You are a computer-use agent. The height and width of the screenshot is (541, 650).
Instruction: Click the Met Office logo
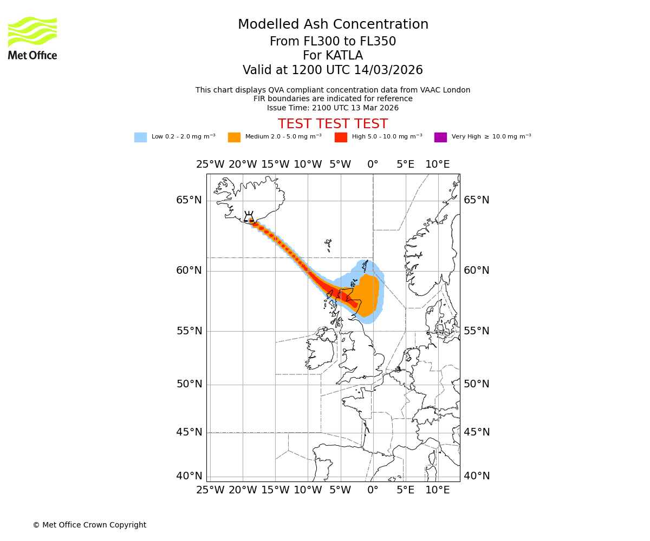click(x=32, y=38)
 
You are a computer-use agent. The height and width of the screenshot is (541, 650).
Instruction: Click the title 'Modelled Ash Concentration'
click(x=333, y=25)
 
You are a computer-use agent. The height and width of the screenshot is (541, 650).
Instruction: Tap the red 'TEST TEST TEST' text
click(x=333, y=124)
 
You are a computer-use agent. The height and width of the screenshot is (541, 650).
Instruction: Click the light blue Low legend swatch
click(x=140, y=137)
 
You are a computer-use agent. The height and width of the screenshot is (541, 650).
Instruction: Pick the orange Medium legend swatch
click(x=234, y=137)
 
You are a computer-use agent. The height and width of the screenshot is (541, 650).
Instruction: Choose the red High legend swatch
click(x=341, y=137)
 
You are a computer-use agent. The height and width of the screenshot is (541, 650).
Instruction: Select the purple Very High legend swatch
click(x=440, y=137)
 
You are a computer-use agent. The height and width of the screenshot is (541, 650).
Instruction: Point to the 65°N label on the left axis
click(x=188, y=200)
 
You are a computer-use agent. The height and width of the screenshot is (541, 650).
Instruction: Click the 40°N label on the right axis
click(x=477, y=476)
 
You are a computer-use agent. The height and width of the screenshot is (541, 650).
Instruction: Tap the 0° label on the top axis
click(x=373, y=164)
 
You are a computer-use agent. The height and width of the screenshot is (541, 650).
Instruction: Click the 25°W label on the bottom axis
click(x=210, y=490)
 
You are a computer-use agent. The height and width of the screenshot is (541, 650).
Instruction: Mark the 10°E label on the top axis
click(x=438, y=164)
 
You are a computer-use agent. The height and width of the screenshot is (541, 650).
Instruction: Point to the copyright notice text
click(x=89, y=525)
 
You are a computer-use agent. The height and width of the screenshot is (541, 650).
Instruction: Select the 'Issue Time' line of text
click(x=333, y=108)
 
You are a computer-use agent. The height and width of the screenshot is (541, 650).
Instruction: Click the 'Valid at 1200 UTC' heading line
click(x=333, y=70)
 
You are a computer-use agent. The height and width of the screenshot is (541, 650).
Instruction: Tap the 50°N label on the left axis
click(x=188, y=384)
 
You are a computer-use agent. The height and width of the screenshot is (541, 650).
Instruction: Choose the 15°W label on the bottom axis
click(x=275, y=490)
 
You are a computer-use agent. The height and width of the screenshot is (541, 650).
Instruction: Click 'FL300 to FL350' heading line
click(x=333, y=42)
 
